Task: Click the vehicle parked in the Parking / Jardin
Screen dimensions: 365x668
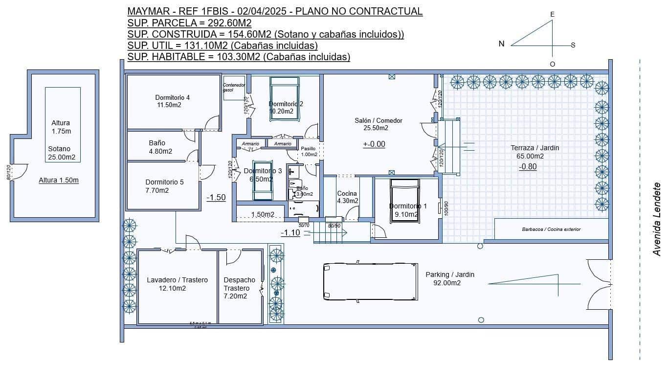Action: [370, 282]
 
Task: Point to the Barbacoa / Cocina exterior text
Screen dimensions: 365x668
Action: [551, 229]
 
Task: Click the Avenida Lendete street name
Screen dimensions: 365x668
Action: [657, 219]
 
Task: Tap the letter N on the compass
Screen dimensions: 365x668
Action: [501, 44]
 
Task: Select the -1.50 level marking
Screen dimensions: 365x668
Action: [216, 197]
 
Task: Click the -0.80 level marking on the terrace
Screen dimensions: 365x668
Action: [528, 166]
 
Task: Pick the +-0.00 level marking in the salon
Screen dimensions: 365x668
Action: [374, 144]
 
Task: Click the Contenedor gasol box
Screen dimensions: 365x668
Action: [234, 88]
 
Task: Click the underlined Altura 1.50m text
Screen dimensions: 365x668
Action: [59, 180]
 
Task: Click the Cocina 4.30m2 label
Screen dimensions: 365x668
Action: [347, 197]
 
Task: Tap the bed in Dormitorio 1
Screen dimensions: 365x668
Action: [404, 201]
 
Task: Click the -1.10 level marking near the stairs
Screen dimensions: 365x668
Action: [290, 232]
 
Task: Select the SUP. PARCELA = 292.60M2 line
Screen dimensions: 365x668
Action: [189, 23]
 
